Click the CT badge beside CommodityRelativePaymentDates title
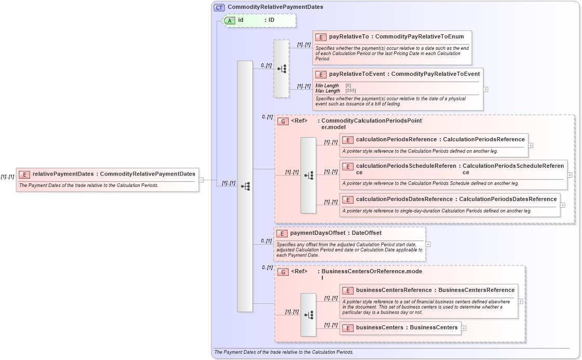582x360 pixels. (x=220, y=7)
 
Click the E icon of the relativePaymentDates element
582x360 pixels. (x=24, y=174)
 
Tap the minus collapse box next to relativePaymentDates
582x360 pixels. (x=201, y=180)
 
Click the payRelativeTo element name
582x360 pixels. (x=349, y=37)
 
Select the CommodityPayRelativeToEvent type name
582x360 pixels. (x=435, y=74)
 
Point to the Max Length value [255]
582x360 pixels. (x=350, y=90)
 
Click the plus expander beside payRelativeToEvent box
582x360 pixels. (x=485, y=89)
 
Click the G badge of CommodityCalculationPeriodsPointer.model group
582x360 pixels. (x=283, y=121)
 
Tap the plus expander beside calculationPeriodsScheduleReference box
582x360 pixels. (x=570, y=175)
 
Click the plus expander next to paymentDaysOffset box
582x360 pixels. (x=428, y=244)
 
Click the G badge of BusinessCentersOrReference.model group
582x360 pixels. (x=283, y=272)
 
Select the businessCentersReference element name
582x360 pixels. (x=394, y=290)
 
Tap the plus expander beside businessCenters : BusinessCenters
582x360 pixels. (x=464, y=328)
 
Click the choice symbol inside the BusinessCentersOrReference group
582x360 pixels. (x=308, y=315)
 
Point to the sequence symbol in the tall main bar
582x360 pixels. (x=245, y=186)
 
